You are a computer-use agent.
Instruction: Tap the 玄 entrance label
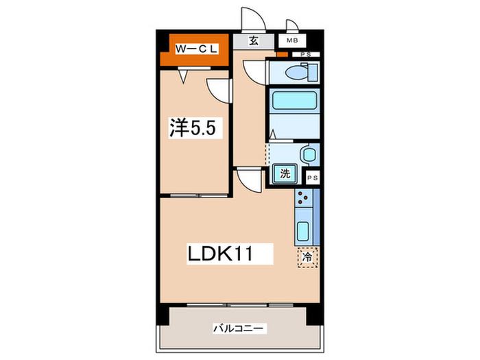click(253, 40)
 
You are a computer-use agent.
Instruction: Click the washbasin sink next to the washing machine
click(307, 153)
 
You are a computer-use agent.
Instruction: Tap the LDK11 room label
click(221, 254)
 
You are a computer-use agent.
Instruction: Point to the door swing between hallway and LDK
click(248, 182)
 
